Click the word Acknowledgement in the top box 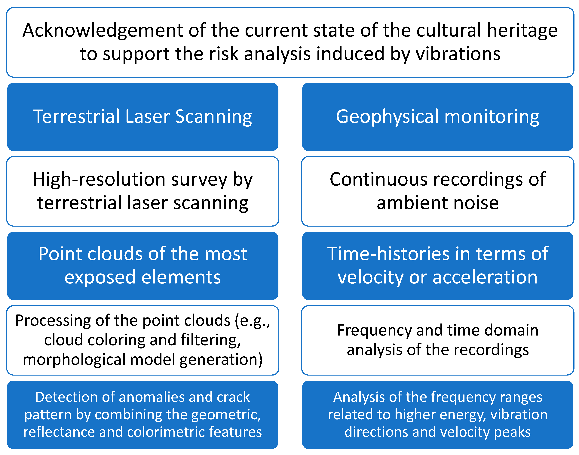[103, 30]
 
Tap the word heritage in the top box [522, 30]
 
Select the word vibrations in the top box [458, 54]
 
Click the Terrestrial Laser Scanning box [143, 117]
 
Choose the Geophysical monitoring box [437, 117]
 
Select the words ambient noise [437, 203]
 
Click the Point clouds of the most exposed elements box [143, 266]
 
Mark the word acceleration [485, 277]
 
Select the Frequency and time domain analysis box [437, 340]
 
